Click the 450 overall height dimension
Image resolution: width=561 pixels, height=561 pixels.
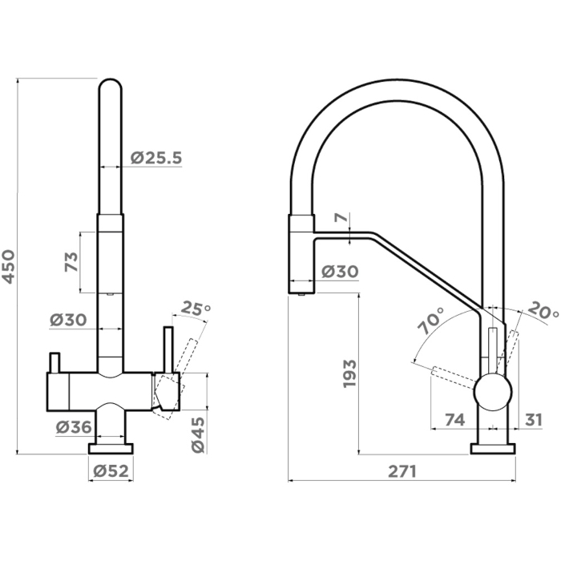8,267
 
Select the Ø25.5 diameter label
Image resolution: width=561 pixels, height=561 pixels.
156,158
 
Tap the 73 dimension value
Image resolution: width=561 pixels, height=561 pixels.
71,262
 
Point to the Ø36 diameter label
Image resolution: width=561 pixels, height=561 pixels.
74,427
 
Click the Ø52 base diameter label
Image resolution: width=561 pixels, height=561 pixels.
111,471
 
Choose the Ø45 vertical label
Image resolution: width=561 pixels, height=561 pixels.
198,435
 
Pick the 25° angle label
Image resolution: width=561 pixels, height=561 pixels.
196,309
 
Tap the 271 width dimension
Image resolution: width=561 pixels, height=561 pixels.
402,471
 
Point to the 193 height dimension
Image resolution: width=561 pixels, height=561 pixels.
349,373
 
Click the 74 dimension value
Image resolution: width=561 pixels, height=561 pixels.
454,419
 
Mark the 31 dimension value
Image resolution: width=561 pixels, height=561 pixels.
534,419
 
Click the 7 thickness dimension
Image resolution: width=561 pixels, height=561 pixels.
341,217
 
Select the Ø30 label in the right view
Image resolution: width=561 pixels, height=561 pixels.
340,272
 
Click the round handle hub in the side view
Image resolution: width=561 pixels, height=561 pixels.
493,392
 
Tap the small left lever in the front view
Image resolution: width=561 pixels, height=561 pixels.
54,362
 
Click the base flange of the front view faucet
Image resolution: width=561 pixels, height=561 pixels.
111,449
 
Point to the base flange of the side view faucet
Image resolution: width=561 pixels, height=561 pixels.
493,449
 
